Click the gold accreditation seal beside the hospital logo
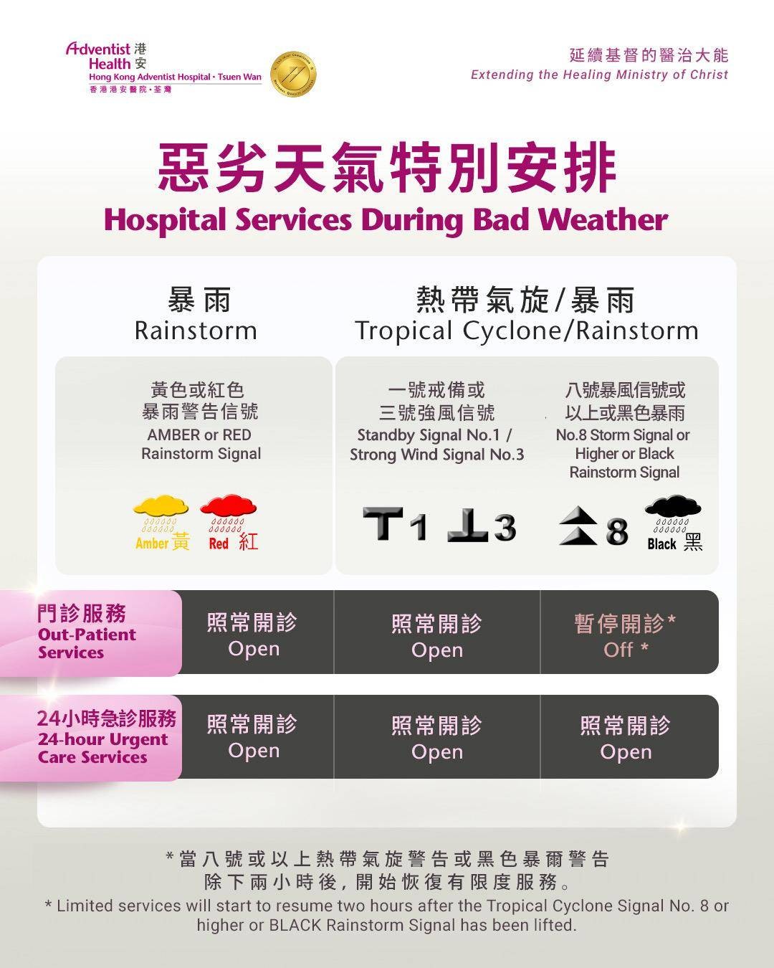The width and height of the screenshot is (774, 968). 293,74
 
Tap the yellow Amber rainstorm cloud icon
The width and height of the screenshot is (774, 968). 161,506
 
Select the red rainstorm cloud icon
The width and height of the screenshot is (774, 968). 229,506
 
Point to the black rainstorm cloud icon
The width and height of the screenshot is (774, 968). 673,506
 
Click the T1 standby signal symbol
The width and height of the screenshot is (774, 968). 395,524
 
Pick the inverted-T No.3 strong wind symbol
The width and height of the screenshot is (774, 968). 481,525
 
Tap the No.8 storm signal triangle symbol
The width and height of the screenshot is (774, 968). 579,526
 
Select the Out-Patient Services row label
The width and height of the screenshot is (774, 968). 87,632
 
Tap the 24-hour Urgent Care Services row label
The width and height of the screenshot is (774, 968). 106,736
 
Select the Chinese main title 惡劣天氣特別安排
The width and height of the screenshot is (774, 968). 386,167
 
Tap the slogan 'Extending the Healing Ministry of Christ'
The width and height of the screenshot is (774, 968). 599,75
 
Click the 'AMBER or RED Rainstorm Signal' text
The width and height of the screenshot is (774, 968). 201,444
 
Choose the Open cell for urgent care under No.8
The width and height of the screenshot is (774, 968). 625,738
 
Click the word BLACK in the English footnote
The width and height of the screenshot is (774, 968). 295,925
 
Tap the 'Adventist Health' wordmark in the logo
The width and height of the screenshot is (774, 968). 98,56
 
